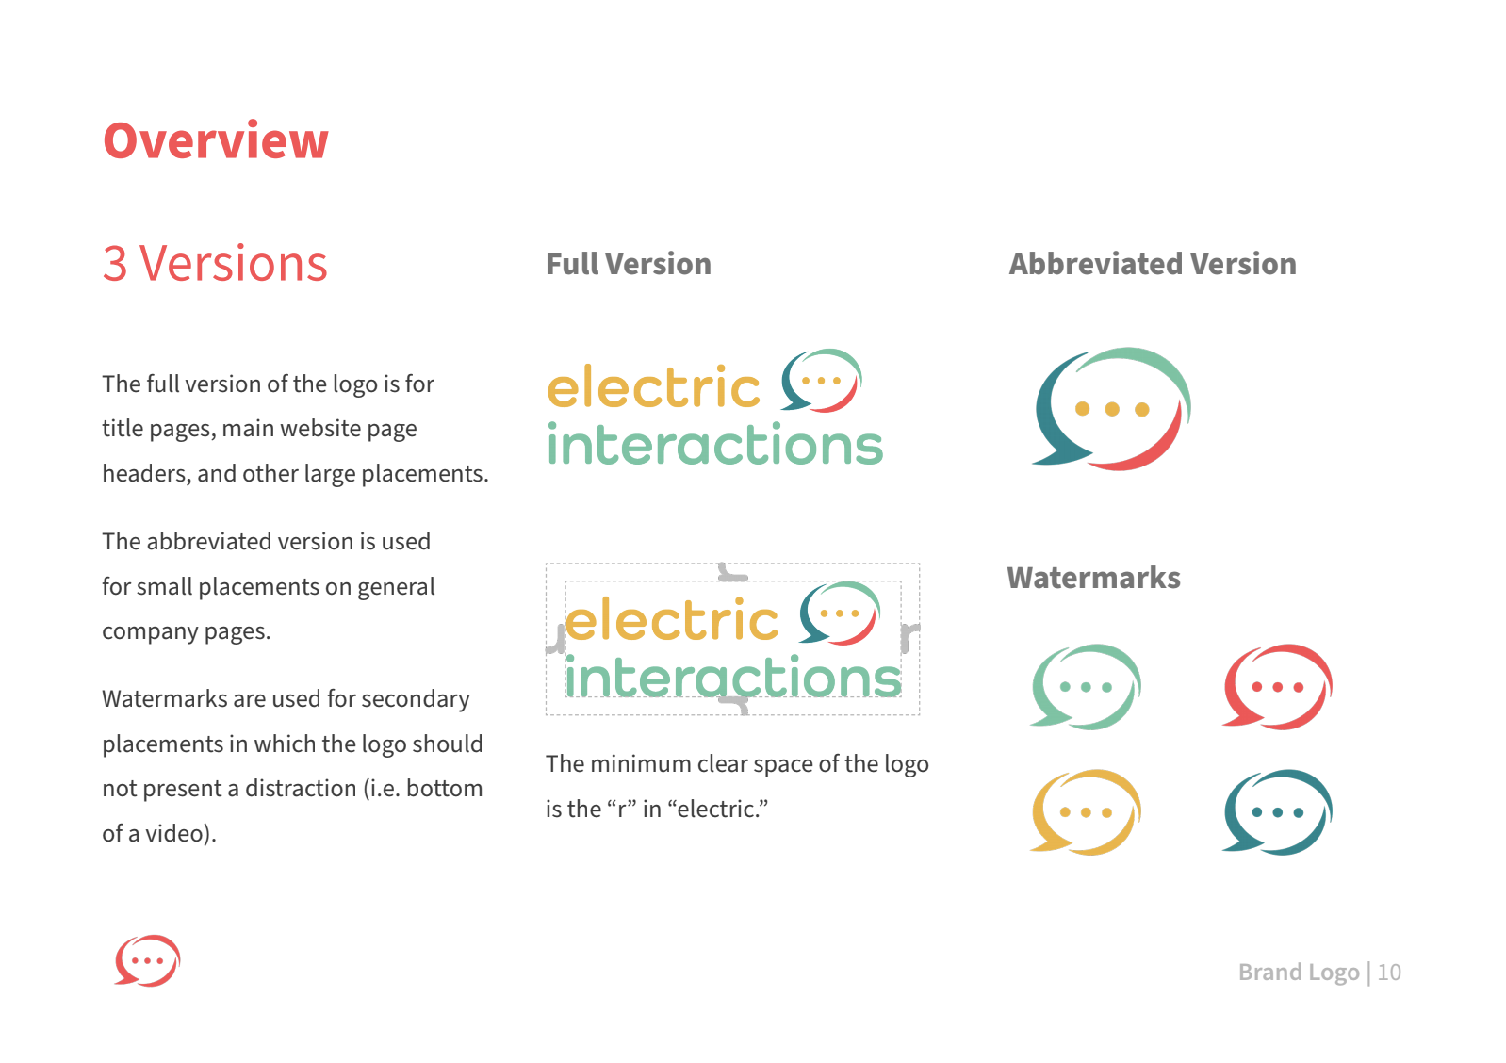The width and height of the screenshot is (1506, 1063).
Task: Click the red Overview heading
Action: [x=216, y=141]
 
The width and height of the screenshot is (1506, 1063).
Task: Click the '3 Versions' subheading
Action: [x=215, y=263]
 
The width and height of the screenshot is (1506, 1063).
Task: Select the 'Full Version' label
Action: [x=629, y=264]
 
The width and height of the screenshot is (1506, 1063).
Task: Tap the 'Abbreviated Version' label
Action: [x=1153, y=264]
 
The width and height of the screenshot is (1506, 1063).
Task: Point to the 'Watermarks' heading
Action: [x=1093, y=578]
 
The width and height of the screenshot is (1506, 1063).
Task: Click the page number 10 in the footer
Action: [x=1389, y=973]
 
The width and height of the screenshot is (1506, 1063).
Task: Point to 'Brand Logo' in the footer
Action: [x=1299, y=973]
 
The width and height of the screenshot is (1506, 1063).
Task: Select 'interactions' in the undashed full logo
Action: [x=715, y=444]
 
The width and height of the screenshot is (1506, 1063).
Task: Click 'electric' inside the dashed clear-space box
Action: [x=672, y=618]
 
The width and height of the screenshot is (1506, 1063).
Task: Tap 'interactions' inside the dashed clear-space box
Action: [x=733, y=677]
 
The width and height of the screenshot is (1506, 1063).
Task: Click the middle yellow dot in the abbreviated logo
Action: [x=1112, y=409]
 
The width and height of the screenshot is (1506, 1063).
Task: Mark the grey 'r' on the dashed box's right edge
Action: [x=909, y=637]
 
